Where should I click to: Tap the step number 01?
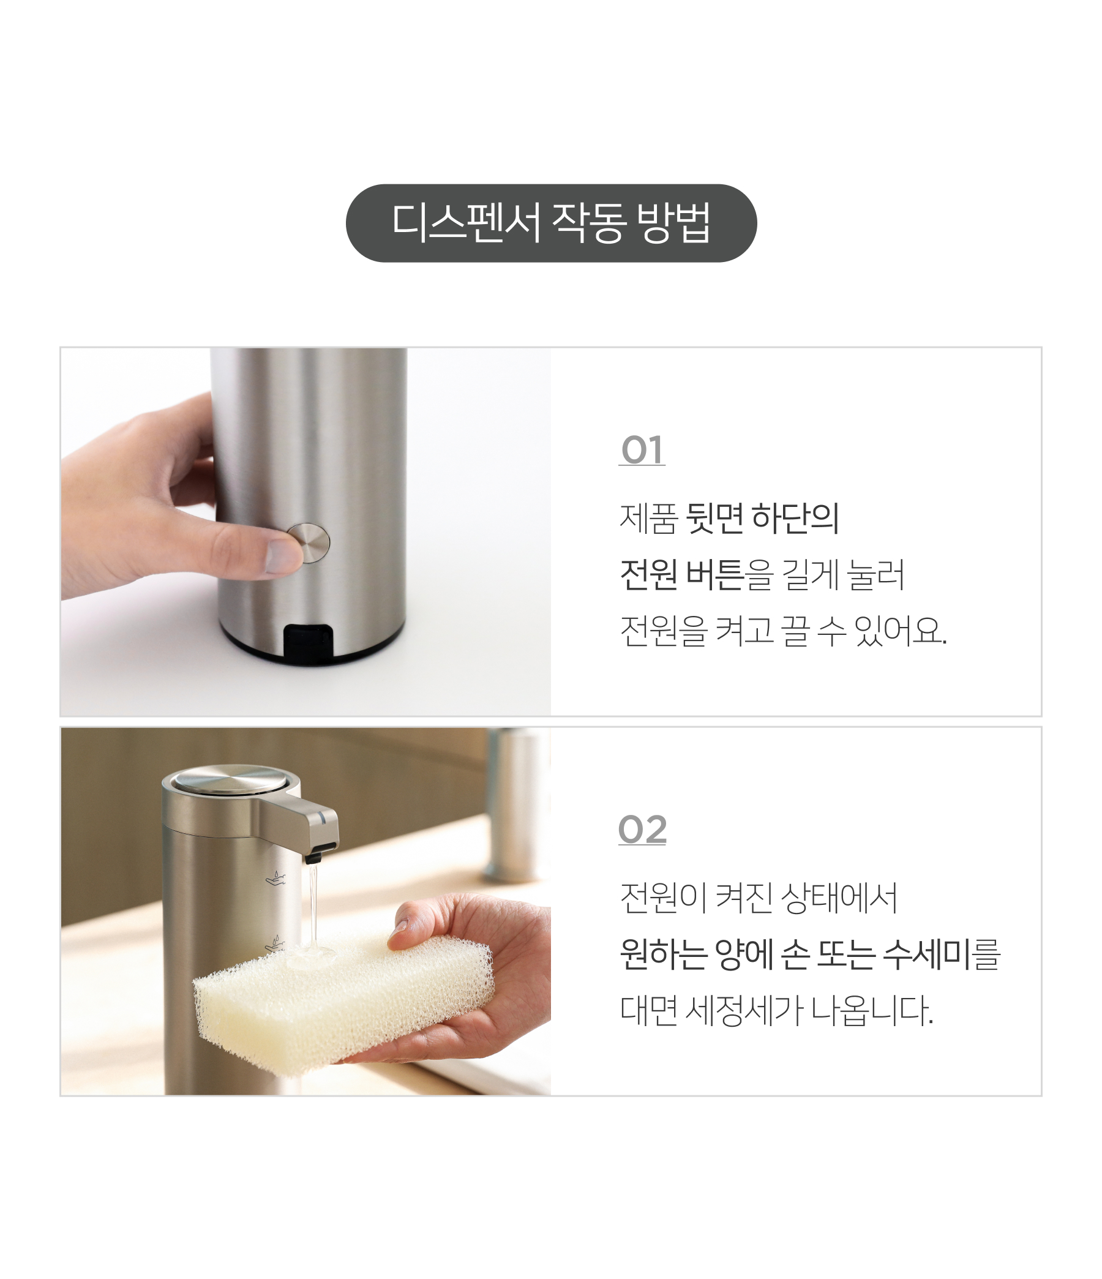[x=642, y=450]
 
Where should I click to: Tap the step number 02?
[x=642, y=830]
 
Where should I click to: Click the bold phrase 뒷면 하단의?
[x=762, y=518]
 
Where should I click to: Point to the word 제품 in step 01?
[x=648, y=518]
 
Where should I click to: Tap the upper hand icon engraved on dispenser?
[x=275, y=878]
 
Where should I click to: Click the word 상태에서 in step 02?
[x=839, y=898]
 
